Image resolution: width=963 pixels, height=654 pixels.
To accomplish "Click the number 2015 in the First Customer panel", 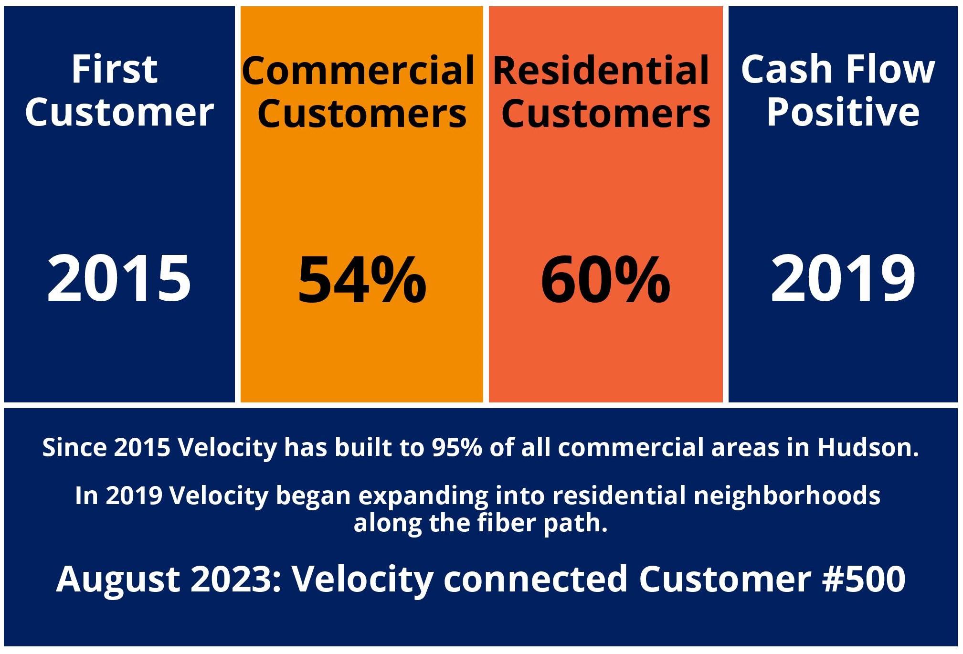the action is point(119,278).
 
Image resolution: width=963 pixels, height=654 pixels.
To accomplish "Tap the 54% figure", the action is point(362,280).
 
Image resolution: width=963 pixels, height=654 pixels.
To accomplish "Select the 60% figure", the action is point(605,280).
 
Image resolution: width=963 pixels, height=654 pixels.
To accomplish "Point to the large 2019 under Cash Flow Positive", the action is point(843,278).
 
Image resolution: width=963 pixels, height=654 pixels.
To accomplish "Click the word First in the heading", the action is point(115,69).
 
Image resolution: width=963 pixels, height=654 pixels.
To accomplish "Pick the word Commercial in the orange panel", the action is point(359,71).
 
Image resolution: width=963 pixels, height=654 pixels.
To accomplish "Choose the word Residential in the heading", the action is point(601,71).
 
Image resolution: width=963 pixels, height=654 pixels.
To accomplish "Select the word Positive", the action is point(843,112).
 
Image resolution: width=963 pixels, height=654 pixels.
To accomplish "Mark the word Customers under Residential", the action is point(606,115).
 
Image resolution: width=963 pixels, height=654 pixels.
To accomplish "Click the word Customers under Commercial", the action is point(362,115).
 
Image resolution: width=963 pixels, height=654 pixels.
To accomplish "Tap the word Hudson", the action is point(868,448).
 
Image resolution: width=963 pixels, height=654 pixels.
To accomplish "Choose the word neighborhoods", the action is point(787,496).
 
